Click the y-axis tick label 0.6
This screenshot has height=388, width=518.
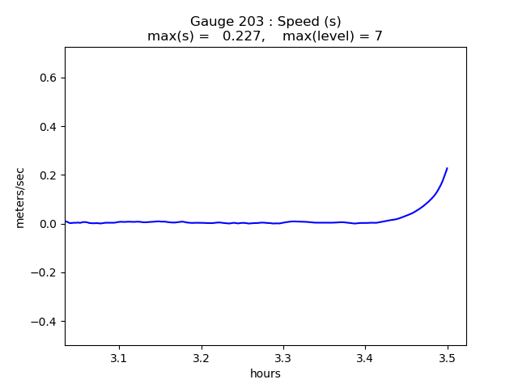coord(47,78)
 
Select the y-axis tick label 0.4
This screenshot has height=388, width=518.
coord(47,127)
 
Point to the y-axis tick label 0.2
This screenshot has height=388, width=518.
coord(47,175)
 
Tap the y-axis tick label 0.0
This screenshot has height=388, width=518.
coord(47,224)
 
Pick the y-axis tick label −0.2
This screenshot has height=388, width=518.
coord(44,272)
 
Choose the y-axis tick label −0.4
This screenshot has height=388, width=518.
coord(44,322)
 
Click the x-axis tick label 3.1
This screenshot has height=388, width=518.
coord(119,357)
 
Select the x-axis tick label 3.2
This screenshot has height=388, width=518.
coord(201,357)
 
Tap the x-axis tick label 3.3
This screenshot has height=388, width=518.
coord(283,357)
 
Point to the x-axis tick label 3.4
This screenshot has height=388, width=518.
coord(365,357)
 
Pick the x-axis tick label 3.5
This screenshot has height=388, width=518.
coord(447,357)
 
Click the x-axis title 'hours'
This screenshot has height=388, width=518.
coord(265,373)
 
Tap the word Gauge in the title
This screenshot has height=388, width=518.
coord(210,22)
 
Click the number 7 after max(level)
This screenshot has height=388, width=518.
coord(378,36)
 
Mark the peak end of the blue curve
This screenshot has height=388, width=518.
coord(447,168)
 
